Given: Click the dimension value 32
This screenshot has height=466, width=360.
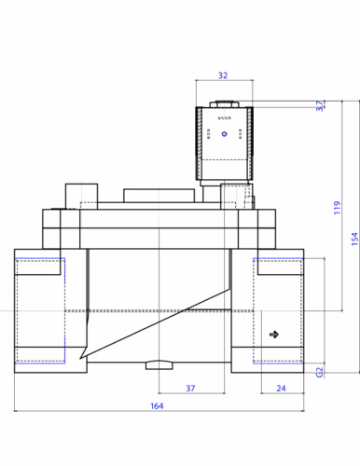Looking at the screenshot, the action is point(223,75).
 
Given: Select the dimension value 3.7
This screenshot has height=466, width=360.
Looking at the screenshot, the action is point(319,105).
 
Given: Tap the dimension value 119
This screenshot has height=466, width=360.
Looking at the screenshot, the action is point(337,208).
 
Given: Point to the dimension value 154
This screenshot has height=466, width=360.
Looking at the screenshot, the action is point(354,239).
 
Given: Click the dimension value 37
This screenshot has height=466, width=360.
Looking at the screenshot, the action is point(190,388).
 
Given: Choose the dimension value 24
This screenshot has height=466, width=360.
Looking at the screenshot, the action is point(281,388).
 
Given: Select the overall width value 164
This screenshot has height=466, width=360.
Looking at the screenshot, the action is point(157,405).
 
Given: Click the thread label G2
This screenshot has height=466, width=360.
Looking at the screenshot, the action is point(319,372).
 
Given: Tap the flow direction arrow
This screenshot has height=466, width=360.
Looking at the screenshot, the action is point(274,335).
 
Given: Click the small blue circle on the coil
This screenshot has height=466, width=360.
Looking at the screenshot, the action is point(225,134).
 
